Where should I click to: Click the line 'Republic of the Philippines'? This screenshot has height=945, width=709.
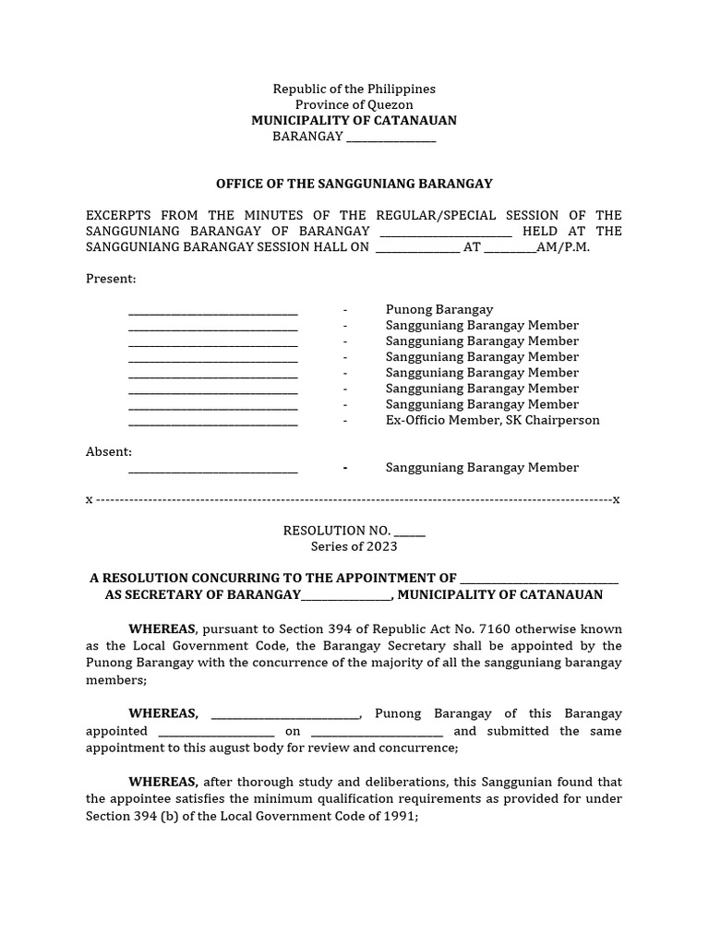354,89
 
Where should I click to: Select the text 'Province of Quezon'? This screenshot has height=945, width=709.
354,104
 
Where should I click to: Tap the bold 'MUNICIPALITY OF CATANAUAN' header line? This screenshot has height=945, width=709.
354,121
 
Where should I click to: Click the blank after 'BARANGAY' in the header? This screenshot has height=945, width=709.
390,138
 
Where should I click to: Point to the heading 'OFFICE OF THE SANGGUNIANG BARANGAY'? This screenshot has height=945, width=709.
354,184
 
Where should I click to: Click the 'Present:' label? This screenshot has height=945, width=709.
111,279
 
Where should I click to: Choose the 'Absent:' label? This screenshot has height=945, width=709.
109,452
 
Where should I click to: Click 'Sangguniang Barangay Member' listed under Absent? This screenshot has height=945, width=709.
482,468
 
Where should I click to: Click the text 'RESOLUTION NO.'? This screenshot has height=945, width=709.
337,531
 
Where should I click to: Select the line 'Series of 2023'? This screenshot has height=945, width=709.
354,546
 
